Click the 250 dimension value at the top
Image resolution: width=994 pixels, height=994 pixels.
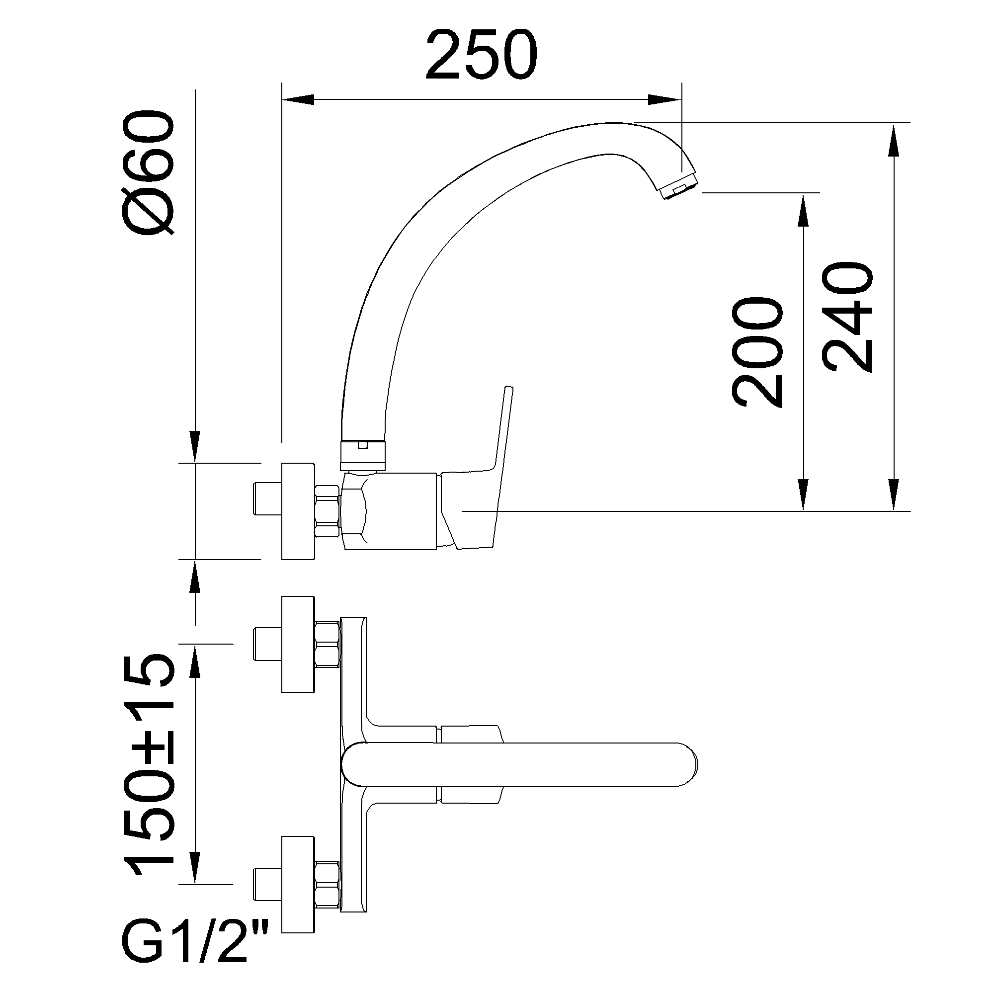(481, 55)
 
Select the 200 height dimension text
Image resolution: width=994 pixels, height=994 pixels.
(757, 352)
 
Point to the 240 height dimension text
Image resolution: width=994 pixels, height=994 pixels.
(847, 318)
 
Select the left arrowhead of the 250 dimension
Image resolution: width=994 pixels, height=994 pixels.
(297, 99)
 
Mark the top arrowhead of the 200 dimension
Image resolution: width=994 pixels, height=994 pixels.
(803, 209)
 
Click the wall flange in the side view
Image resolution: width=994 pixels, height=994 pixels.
(298, 511)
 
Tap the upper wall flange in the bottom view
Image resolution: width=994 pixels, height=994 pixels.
(298, 644)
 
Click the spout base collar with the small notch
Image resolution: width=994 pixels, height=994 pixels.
(363, 455)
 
